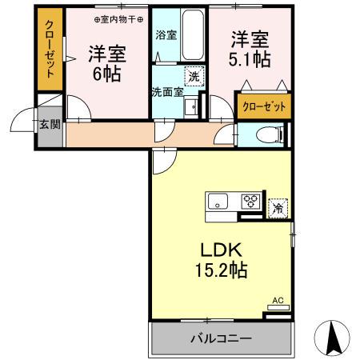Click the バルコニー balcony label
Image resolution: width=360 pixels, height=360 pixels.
(x=221, y=338)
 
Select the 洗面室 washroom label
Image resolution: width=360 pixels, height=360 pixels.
(x=167, y=90)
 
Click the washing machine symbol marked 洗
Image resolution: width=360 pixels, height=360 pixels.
(x=194, y=77)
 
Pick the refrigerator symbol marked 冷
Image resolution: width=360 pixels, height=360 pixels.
(x=278, y=207)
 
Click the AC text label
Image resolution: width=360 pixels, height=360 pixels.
(x=278, y=301)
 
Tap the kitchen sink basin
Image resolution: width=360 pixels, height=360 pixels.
(x=218, y=201)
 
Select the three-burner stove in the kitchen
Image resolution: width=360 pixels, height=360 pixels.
(x=250, y=201)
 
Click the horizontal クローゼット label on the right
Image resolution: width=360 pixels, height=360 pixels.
(x=263, y=105)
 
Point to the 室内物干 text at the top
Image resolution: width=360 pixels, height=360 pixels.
(x=119, y=18)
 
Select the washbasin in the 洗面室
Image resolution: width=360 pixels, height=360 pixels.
(x=190, y=107)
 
